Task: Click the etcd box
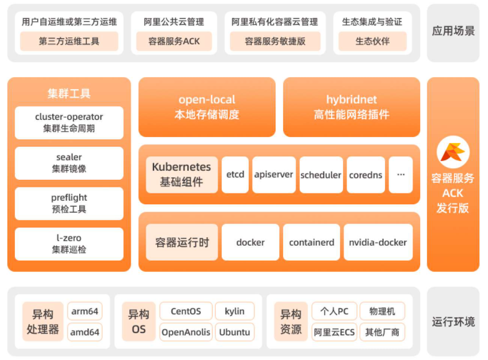coord(235,175)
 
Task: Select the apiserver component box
coord(274,175)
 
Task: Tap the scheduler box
coord(321,175)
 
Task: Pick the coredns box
coord(366,175)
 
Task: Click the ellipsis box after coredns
coord(401,175)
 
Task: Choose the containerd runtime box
coord(312,242)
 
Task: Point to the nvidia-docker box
coord(378,242)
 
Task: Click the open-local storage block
coord(207,107)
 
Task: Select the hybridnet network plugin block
coord(352,107)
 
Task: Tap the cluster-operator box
coord(69,123)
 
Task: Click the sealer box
coord(69,163)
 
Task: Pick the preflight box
coord(69,204)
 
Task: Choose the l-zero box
coord(69,244)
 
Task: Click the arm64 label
coord(85,311)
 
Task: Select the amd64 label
coord(85,332)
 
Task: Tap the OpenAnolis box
coord(186,332)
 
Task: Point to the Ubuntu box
coord(234,332)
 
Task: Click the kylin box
coord(234,311)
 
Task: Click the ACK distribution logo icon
coord(453,152)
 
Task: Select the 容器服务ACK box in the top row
coord(174,41)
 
